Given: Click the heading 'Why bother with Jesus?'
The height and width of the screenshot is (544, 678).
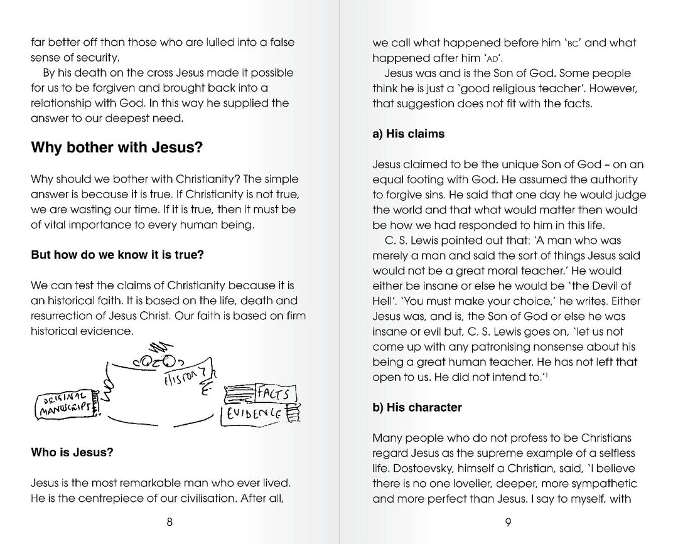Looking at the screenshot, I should tap(117, 148).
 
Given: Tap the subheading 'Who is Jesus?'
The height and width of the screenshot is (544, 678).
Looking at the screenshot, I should tap(72, 452).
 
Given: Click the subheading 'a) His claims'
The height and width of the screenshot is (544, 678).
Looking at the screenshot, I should tap(408, 134).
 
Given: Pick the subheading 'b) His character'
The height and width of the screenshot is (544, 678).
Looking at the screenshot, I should tap(417, 407).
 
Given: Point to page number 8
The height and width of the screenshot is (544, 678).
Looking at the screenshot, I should tap(169, 524).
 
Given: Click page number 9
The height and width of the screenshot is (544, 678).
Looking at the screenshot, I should tap(508, 524).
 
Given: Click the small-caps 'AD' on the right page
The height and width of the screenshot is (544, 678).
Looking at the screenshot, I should tap(460, 59).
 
